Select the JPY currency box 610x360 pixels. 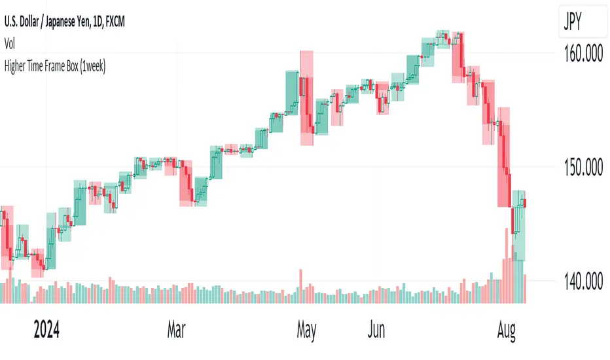click(x=574, y=24)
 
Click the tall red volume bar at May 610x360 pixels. click(x=301, y=286)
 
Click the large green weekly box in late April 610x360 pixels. click(x=292, y=101)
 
